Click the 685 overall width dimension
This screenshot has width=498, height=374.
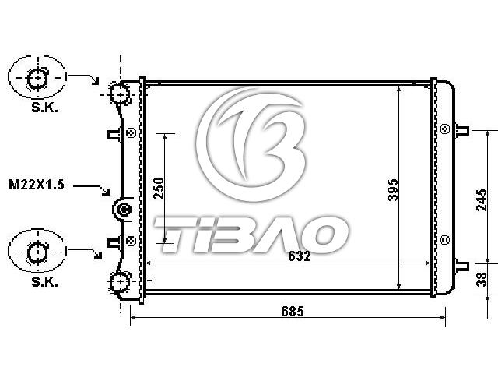(x=293, y=312)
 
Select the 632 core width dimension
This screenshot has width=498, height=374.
(x=299, y=256)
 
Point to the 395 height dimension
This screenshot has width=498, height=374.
(x=393, y=190)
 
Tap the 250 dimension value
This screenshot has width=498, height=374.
(x=159, y=189)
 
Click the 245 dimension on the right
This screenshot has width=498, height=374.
(x=482, y=200)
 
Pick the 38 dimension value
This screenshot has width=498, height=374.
(x=482, y=280)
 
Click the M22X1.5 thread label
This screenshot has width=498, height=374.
(x=37, y=185)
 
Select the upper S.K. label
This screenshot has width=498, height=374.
(x=44, y=108)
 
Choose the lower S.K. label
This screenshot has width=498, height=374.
(x=44, y=282)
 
